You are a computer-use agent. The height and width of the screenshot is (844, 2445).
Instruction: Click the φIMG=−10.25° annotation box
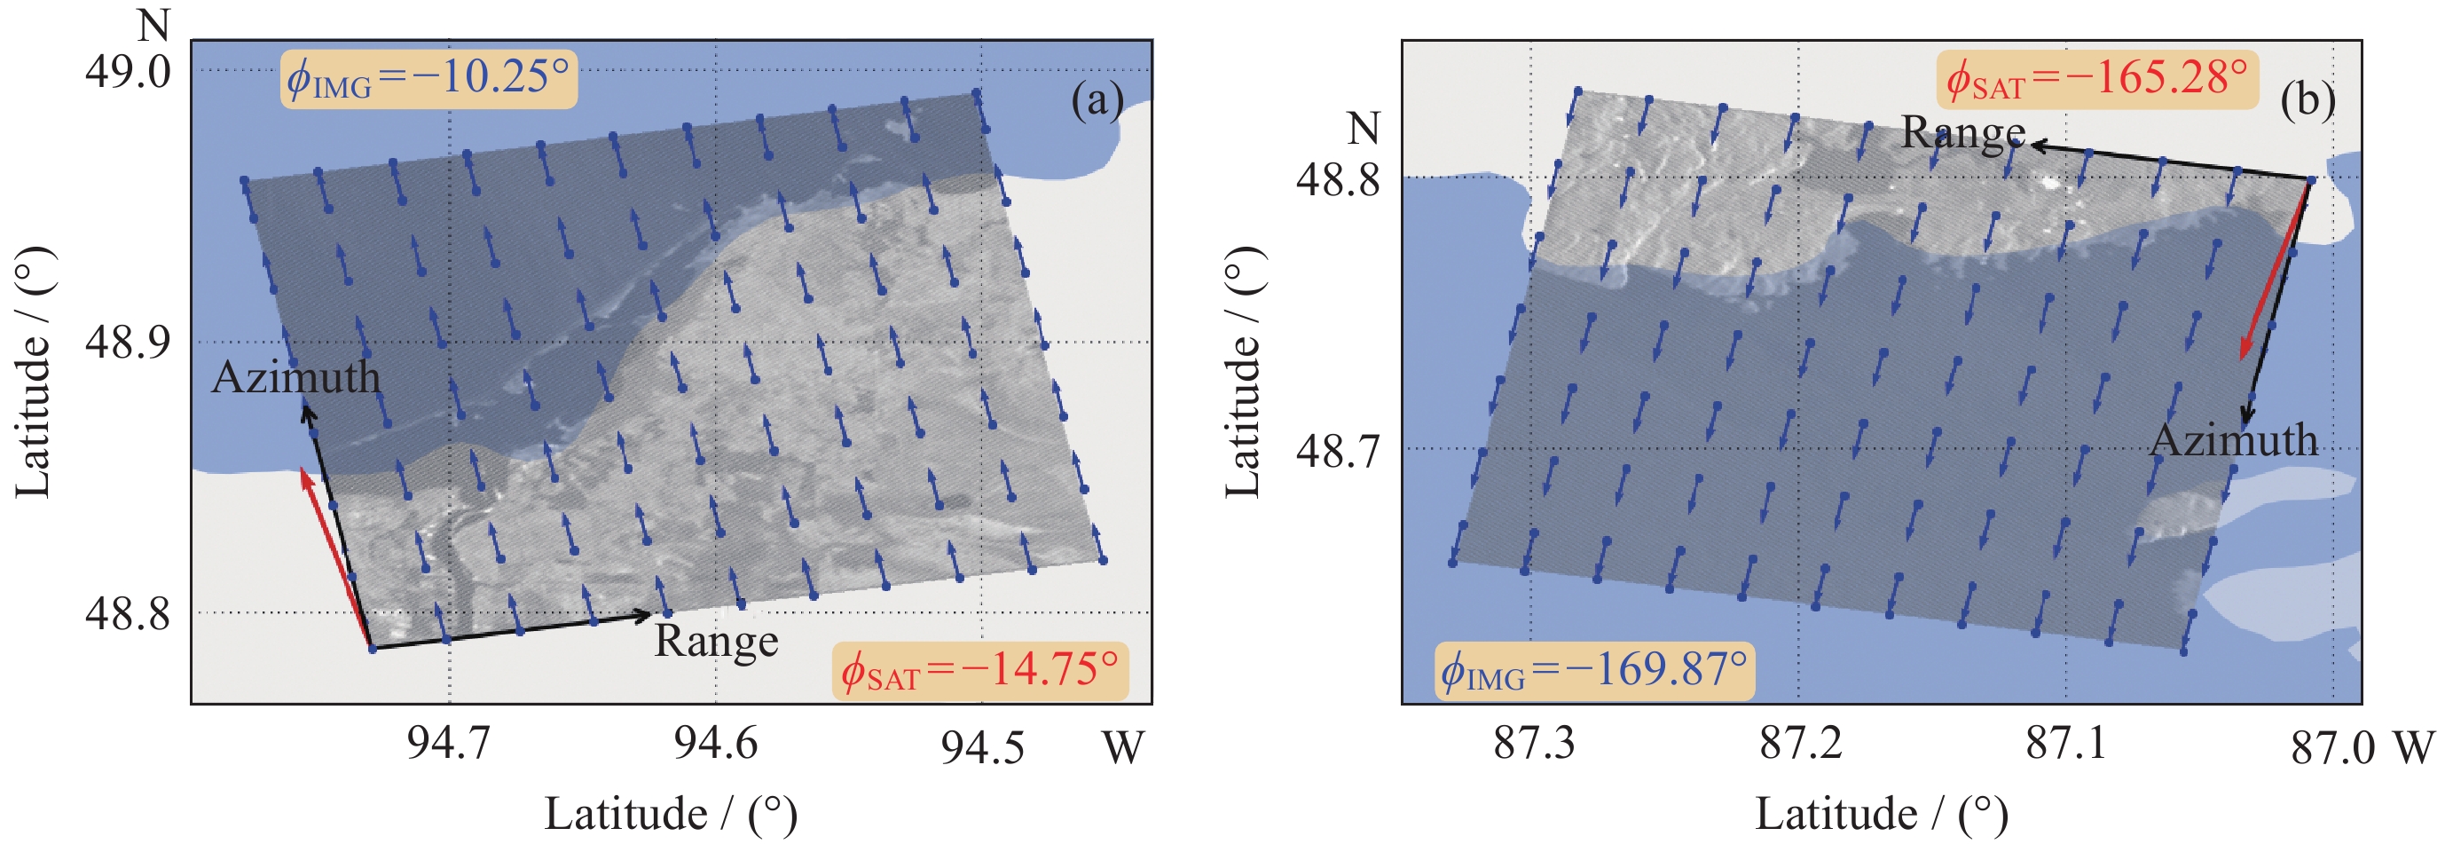(x=428, y=79)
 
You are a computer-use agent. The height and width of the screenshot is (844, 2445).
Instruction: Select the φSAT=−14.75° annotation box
(x=979, y=671)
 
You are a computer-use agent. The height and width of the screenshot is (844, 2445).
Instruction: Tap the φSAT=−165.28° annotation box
(x=2096, y=80)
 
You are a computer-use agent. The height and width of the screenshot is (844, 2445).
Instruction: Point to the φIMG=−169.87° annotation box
(x=1593, y=671)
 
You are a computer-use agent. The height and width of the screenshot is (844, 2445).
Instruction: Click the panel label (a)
(x=1097, y=99)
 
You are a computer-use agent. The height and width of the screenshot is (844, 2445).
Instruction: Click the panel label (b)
(x=2307, y=99)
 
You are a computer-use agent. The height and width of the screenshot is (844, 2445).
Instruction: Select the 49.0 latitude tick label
(x=128, y=72)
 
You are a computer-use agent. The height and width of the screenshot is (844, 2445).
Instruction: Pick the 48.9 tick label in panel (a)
(x=128, y=342)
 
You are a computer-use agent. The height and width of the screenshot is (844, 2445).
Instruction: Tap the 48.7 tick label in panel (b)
(x=1339, y=451)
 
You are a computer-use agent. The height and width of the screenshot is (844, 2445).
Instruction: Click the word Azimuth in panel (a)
(x=296, y=378)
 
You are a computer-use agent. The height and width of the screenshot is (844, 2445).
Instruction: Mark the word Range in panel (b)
(x=1963, y=133)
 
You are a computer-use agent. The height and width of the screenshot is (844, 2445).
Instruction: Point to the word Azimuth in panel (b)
(x=2233, y=440)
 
